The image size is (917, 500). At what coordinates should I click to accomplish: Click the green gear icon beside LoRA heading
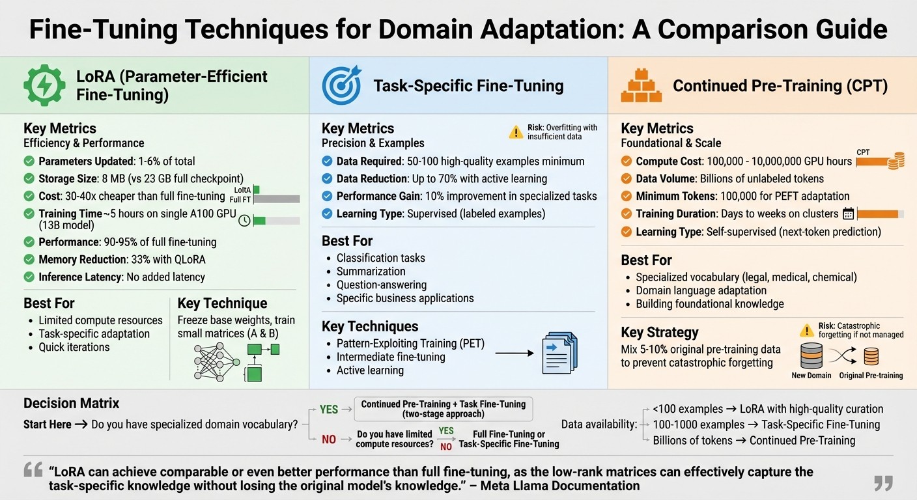pyautogui.click(x=44, y=85)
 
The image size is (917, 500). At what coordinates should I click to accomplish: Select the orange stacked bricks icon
pyautogui.click(x=641, y=85)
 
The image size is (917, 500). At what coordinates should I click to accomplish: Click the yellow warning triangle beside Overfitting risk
pyautogui.click(x=516, y=132)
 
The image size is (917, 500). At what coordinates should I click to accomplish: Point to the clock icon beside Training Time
pyautogui.click(x=244, y=220)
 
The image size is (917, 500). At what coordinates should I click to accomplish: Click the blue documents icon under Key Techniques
pyautogui.click(x=559, y=354)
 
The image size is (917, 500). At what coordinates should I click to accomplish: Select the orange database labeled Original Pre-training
pyautogui.click(x=871, y=356)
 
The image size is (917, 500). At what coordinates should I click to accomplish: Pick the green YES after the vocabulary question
pyautogui.click(x=329, y=410)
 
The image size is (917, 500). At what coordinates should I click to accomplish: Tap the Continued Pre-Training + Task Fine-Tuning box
pyautogui.click(x=443, y=409)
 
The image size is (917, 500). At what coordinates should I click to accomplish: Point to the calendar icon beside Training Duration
pyautogui.click(x=848, y=214)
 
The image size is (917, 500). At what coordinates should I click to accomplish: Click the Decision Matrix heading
pyautogui.click(x=71, y=403)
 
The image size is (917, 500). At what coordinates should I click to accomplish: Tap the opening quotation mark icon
pyautogui.click(x=33, y=470)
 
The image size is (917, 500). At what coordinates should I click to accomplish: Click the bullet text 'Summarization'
pyautogui.click(x=371, y=271)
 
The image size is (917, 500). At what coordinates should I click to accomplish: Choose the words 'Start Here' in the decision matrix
pyautogui.click(x=48, y=424)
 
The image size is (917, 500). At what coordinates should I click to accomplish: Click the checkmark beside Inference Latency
pyautogui.click(x=29, y=277)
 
